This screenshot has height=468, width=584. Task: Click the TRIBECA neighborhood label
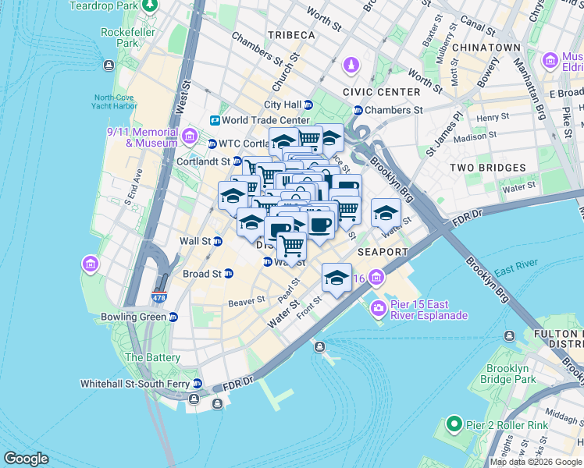tap(291, 36)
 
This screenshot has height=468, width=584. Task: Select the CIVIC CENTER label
tap(381, 92)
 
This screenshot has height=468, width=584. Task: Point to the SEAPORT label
tap(383, 252)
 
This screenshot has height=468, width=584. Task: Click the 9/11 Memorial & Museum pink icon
tap(189, 137)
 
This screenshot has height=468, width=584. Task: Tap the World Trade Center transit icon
tap(215, 120)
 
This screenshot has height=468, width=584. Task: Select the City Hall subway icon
tap(308, 105)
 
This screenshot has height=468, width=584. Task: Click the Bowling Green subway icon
tap(173, 317)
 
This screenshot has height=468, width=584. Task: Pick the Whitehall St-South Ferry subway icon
tap(198, 384)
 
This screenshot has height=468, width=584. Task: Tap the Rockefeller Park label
tap(128, 38)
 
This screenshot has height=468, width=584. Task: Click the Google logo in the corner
tap(27, 459)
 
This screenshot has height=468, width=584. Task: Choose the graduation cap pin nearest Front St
tap(337, 278)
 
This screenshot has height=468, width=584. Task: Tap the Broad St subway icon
tap(228, 274)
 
